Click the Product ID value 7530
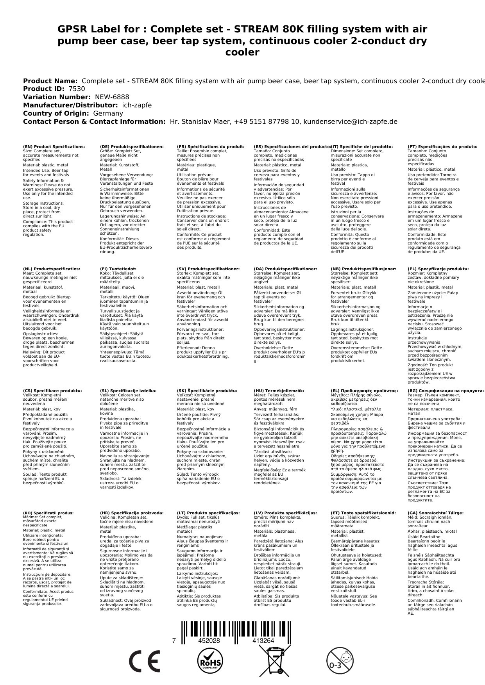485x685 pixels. pyautogui.click(x=77, y=89)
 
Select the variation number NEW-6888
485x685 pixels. pyautogui.click(x=112, y=97)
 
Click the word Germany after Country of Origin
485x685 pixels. pyautogui.click(x=108, y=114)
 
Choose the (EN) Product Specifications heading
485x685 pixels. pyautogui.click(x=54, y=147)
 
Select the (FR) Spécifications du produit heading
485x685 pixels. pyautogui.click(x=211, y=147)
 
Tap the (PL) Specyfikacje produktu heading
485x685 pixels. pyautogui.click(x=438, y=269)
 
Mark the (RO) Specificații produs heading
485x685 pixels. pyautogui.click(x=48, y=513)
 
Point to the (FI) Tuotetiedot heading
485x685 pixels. pyautogui.click(x=118, y=269)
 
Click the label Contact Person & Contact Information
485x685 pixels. pyautogui.click(x=94, y=122)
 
